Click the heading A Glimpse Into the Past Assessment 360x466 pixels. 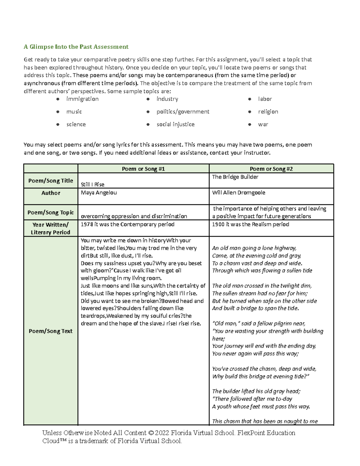click(76, 47)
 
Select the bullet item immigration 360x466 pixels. click(82, 99)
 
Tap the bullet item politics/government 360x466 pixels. click(183, 112)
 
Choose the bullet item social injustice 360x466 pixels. click(175, 124)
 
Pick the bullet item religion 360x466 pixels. click(268, 112)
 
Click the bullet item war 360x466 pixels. click(263, 124)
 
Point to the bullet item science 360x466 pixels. click(76, 124)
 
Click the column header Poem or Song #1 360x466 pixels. click(143, 169)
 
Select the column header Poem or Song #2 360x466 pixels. click(271, 169)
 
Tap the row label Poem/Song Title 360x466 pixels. click(50, 181)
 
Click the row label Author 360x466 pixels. click(50, 193)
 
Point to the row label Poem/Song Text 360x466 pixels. click(50, 331)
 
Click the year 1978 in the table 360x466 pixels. click(87, 224)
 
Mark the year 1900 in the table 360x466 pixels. click(218, 224)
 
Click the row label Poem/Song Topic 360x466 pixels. click(50, 212)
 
